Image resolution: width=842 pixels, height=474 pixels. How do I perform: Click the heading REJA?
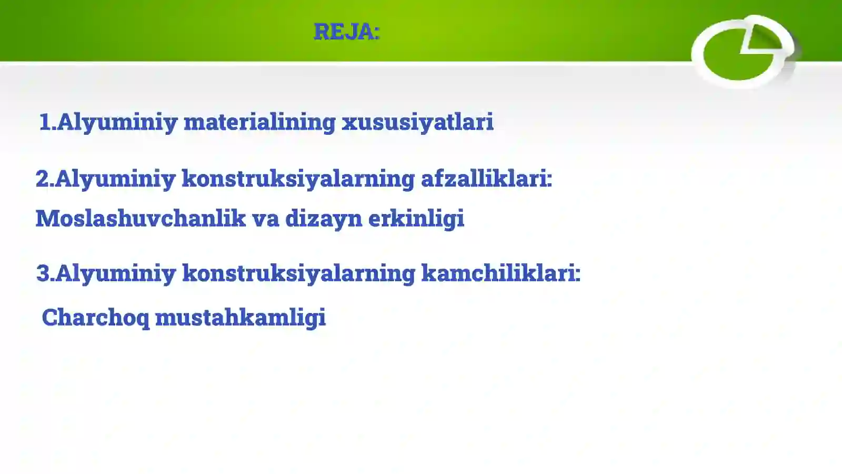(x=346, y=32)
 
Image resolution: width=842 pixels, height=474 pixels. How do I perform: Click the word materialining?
(x=259, y=122)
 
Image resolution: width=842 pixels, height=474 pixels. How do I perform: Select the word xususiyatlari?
(x=417, y=122)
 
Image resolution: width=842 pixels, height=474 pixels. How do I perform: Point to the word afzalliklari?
(x=486, y=179)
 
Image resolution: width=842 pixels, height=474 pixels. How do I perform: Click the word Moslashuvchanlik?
(x=141, y=218)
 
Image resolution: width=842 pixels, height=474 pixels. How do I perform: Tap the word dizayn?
(x=323, y=218)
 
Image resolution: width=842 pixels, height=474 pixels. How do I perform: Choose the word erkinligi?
(x=416, y=218)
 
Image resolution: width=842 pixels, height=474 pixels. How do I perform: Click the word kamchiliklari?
(x=500, y=273)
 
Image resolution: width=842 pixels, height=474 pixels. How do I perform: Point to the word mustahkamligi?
(x=240, y=318)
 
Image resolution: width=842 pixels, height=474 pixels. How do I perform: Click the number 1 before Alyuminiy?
(x=45, y=122)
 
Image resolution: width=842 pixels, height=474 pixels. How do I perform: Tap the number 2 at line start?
(x=42, y=179)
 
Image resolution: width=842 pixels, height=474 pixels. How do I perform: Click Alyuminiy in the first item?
(x=117, y=122)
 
